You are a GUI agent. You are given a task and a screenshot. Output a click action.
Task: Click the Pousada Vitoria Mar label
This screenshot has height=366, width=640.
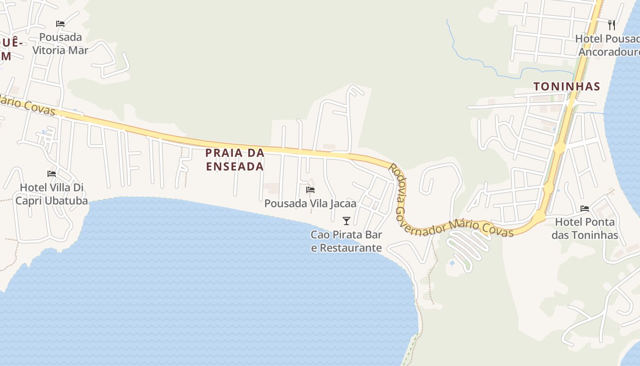[60, 43]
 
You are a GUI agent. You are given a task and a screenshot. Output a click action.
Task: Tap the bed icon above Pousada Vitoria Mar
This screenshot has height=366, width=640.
[60, 24]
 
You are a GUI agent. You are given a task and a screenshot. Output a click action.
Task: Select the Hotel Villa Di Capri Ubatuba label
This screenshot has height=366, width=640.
[52, 194]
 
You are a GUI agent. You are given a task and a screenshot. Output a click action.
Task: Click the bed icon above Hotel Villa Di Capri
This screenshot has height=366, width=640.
[52, 174]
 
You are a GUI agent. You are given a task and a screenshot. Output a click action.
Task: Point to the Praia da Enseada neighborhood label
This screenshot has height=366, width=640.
[235, 160]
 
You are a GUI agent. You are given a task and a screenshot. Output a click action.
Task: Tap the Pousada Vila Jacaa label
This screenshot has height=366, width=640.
[310, 204]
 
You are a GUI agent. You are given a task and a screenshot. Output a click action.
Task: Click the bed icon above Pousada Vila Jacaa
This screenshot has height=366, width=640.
[310, 189]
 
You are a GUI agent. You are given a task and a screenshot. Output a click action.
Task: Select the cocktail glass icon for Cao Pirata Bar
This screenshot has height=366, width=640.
[347, 221]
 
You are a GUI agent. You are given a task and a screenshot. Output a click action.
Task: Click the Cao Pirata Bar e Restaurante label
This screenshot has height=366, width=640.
[347, 241]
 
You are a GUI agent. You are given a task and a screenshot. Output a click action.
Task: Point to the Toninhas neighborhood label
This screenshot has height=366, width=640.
[567, 86]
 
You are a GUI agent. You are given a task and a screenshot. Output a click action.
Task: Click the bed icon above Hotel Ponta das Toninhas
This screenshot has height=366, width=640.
[585, 209]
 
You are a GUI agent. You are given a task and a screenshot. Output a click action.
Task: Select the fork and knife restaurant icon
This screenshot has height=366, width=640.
[612, 25]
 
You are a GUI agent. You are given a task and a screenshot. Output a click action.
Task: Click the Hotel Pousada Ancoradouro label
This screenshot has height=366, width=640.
[608, 45]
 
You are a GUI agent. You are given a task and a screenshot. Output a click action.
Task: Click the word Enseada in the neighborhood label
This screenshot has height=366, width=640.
[235, 167]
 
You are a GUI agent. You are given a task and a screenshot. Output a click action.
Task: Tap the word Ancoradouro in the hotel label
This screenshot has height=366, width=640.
[609, 51]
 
